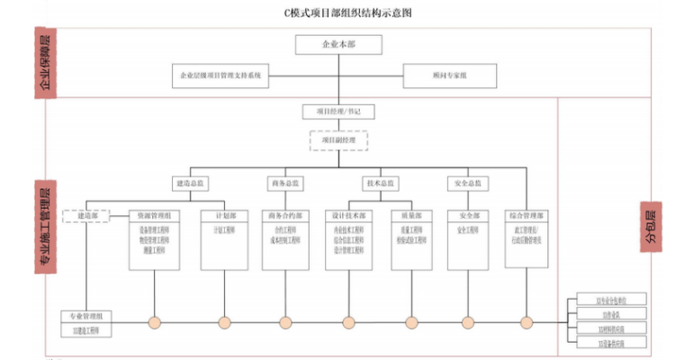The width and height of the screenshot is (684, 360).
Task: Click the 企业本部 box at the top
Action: tap(339, 44)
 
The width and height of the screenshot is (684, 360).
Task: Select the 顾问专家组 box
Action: tap(449, 76)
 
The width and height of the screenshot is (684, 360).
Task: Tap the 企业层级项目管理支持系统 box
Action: tap(220, 76)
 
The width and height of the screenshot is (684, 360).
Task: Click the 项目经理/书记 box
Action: tap(338, 112)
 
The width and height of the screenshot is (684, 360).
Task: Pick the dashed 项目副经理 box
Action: tap(338, 141)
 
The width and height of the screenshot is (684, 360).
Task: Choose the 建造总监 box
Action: tap(190, 184)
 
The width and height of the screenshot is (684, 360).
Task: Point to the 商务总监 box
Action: tap(285, 184)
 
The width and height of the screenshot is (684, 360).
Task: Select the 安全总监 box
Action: tap(468, 184)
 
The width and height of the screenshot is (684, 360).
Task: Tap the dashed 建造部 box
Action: tap(86, 216)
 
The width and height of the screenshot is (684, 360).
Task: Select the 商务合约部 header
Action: tap(286, 216)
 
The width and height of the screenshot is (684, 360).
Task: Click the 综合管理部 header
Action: tap(527, 216)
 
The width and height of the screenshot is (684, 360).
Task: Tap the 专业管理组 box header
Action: tap(86, 317)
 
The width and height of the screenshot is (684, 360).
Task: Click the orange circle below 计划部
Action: tap(225, 322)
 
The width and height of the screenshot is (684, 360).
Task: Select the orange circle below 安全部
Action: tap(468, 322)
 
